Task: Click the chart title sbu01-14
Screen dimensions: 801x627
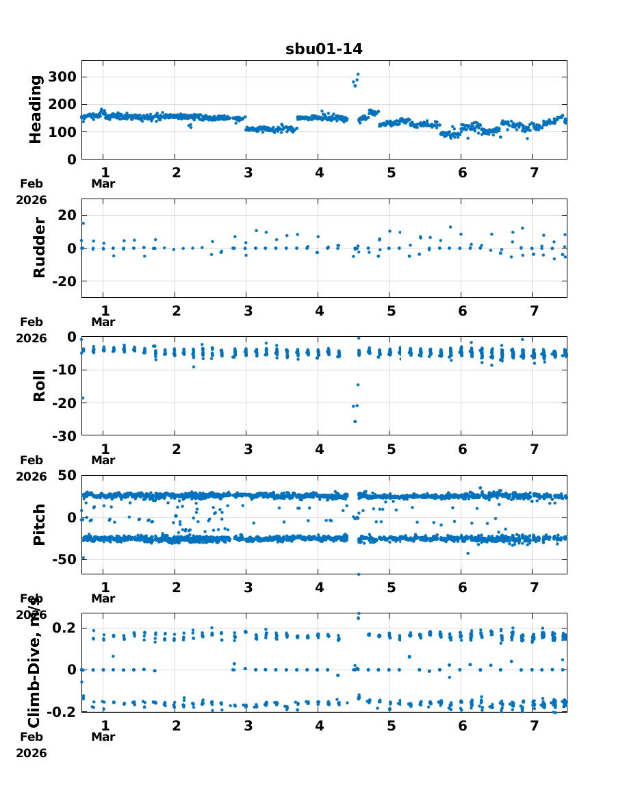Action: coord(324,49)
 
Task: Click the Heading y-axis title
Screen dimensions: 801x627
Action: coord(36,110)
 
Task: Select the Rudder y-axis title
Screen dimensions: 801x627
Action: coord(39,249)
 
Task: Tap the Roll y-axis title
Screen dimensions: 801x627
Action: coord(39,385)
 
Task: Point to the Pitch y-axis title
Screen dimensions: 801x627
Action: coord(39,524)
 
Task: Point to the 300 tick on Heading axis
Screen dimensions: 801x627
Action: coord(63,77)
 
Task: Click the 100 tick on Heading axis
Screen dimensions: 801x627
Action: coord(63,132)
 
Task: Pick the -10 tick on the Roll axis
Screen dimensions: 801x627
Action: coord(63,370)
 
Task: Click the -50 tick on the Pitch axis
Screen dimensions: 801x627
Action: coord(63,559)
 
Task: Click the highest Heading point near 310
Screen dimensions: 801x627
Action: coord(357,75)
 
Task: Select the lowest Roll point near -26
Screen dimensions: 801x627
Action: coord(355,421)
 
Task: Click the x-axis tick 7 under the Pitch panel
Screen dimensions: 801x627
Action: coord(533,587)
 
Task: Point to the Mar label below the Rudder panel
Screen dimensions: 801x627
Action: coord(103,322)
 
